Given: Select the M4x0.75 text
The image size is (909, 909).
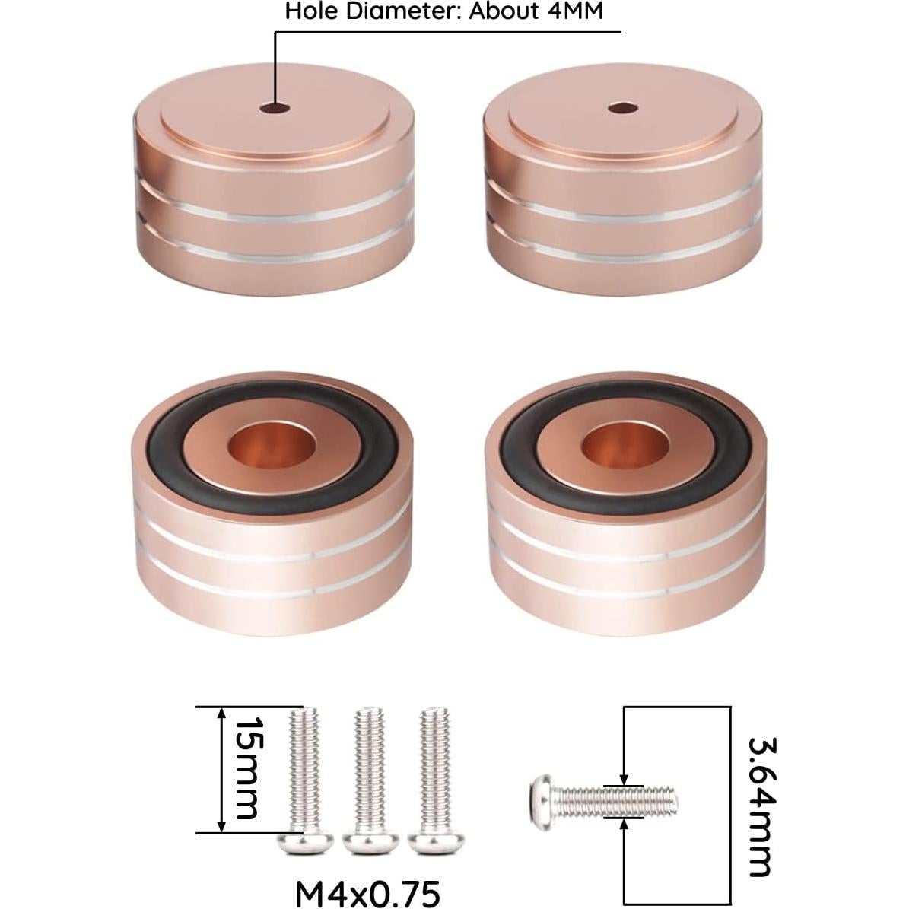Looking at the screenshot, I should (367, 894).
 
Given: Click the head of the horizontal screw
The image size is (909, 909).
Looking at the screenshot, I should (541, 801).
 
